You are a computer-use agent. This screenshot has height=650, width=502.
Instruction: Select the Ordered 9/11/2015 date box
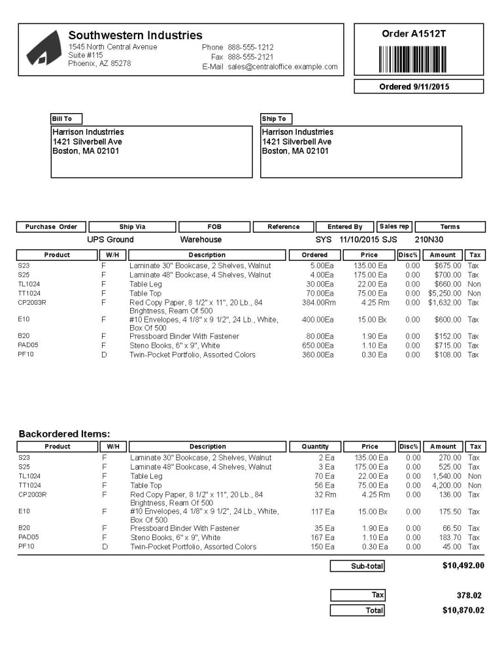[x=418, y=86]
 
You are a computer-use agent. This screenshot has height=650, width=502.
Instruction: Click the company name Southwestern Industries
[x=135, y=35]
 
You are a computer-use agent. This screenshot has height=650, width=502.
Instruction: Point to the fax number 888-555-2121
[x=250, y=57]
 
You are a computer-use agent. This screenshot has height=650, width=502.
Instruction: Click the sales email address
[x=282, y=67]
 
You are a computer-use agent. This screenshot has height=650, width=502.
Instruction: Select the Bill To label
[x=66, y=119]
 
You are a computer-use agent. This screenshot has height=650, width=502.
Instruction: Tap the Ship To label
[x=275, y=119]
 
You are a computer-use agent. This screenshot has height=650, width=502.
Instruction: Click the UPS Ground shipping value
[x=110, y=240]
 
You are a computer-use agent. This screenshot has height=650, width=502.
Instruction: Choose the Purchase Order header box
[x=51, y=227]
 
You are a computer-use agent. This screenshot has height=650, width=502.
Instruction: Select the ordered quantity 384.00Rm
[x=318, y=303]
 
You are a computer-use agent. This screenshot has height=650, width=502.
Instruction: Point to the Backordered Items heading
[x=64, y=434]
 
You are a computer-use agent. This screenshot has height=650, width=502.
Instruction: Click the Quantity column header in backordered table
[x=315, y=447]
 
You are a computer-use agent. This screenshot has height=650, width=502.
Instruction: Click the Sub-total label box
[x=358, y=566]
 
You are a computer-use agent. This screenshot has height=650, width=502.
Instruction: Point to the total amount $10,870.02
[x=463, y=610]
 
